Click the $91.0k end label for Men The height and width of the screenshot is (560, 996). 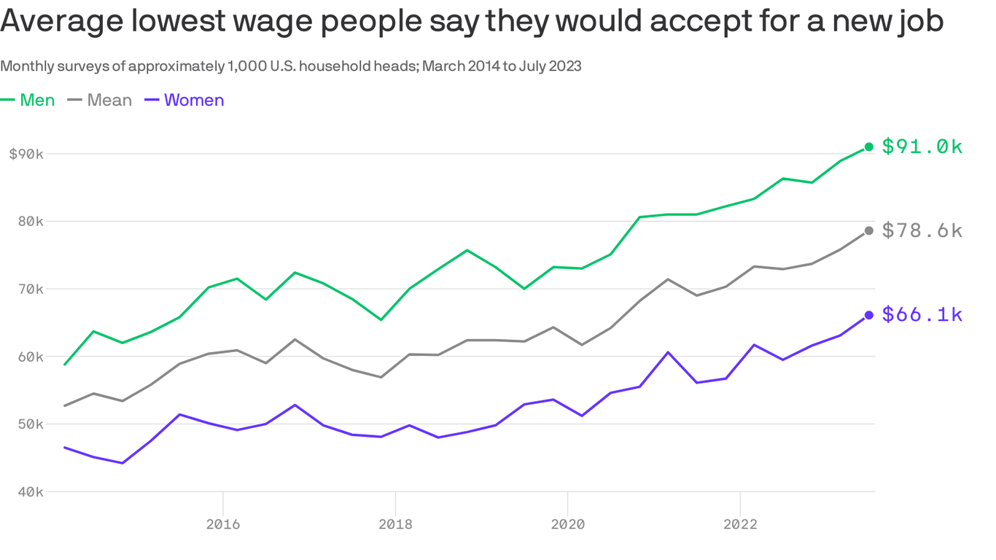922,147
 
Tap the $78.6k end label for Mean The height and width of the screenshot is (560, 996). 922,231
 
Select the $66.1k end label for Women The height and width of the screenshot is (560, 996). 922,315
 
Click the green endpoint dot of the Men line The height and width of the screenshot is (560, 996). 869,147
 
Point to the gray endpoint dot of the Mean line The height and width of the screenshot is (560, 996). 869,231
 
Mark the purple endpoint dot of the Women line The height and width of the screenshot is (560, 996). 869,315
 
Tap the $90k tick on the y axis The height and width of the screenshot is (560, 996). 26,154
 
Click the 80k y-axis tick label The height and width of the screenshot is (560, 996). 30,222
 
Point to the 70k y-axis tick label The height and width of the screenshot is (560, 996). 30,289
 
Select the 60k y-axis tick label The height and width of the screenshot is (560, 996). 30,357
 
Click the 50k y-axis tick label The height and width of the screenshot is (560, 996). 30,424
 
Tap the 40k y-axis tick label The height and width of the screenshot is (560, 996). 30,492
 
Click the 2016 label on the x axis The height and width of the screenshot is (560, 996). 222,524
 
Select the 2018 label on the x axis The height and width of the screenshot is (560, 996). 395,524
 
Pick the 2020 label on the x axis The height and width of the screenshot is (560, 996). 567,524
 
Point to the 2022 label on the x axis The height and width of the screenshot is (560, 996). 740,524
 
